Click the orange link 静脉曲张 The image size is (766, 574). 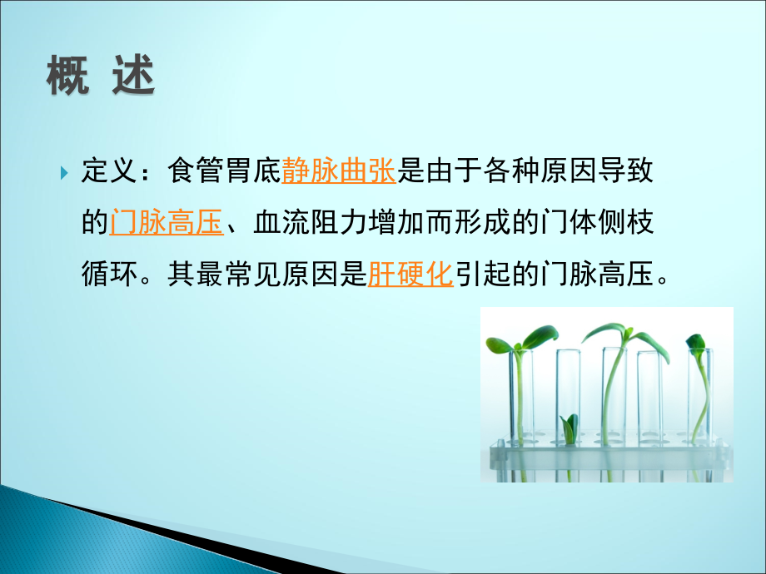(x=338, y=172)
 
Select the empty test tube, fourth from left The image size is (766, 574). (x=649, y=399)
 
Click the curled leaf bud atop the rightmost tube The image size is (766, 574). (x=696, y=343)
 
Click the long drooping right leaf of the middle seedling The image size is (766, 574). (x=651, y=346)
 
